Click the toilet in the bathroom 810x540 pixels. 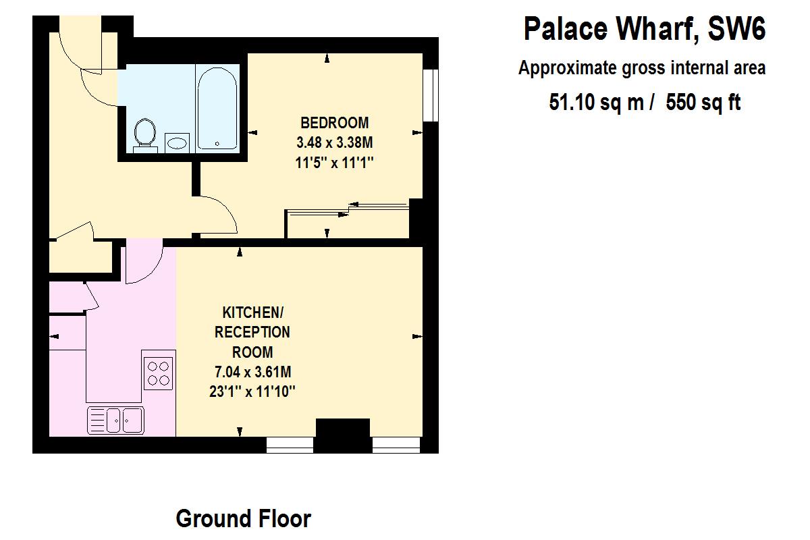point(143,132)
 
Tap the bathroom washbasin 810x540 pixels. point(177,142)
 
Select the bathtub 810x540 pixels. point(217,108)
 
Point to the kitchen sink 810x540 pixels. point(115,420)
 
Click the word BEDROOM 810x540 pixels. point(335,123)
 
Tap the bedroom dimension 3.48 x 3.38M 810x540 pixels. point(335,142)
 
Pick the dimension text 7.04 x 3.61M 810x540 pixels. point(252,371)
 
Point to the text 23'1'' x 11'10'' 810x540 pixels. point(252,391)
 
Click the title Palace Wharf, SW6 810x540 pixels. point(645,30)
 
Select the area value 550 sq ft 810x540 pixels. point(703,102)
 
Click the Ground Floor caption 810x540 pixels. point(243,518)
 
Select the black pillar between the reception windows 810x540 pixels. point(343,435)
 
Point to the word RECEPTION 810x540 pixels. point(252,332)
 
